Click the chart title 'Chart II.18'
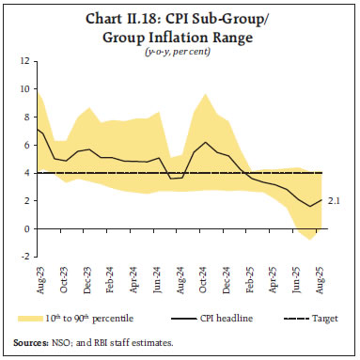point(180,18)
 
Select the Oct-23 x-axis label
point(64,274)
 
